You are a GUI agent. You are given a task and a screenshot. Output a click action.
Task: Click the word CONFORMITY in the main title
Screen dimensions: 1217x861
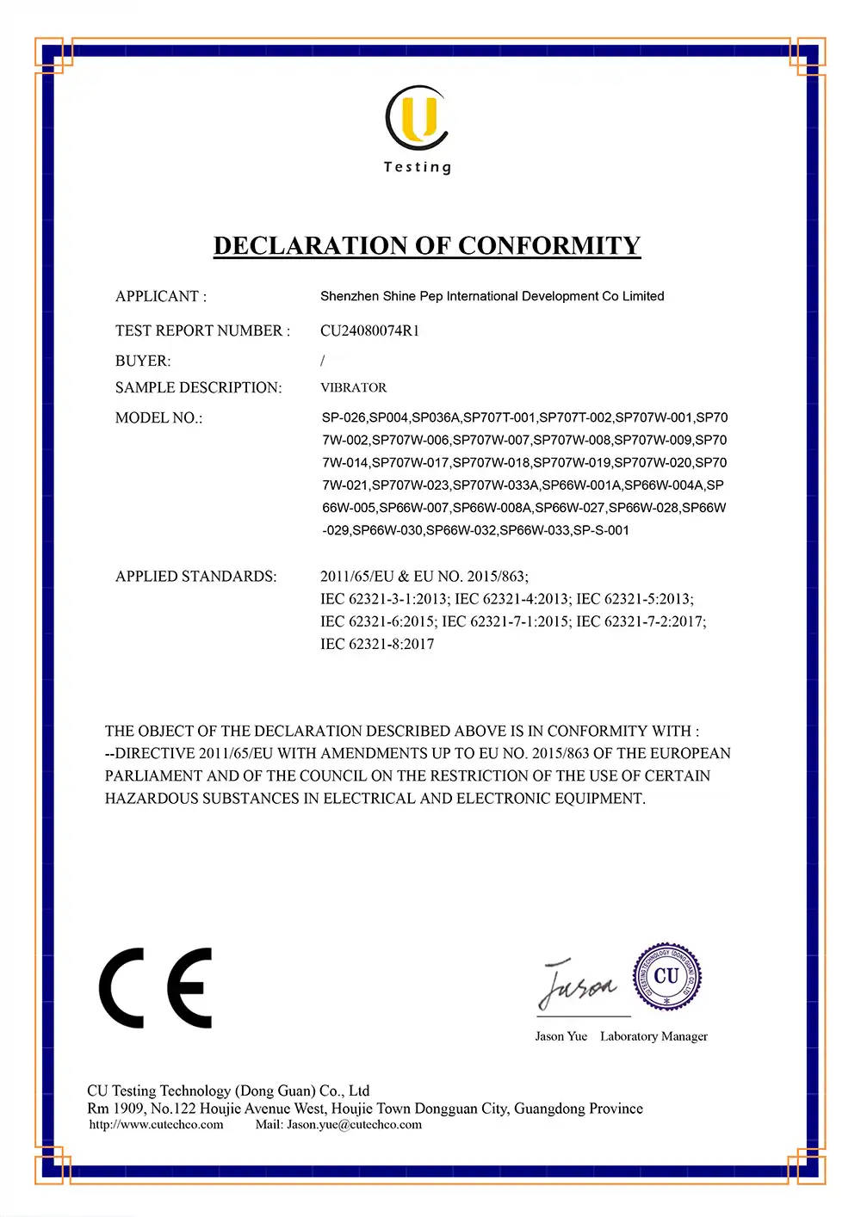pos(549,245)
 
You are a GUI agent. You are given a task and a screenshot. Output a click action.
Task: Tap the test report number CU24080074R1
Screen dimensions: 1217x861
pos(369,331)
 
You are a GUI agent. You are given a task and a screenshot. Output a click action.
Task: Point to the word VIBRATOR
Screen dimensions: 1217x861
pos(353,387)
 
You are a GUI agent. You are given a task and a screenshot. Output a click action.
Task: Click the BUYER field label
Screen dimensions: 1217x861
pos(143,361)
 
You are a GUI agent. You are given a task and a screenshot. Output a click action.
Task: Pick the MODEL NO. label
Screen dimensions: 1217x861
pos(158,417)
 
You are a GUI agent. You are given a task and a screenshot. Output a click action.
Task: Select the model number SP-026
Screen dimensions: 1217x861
pos(344,417)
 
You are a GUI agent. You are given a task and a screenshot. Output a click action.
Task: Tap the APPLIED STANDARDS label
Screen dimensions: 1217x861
pos(196,576)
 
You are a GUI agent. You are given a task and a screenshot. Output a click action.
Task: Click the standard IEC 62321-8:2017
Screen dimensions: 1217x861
pos(377,644)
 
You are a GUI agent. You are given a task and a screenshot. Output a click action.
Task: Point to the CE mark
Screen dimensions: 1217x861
pos(155,988)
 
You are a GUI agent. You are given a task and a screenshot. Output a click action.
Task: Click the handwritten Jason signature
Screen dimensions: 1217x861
pos(577,984)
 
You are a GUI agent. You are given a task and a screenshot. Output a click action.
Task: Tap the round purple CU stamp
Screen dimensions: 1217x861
pos(666,977)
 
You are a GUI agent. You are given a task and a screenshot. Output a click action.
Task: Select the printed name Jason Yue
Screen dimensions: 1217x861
pos(561,1036)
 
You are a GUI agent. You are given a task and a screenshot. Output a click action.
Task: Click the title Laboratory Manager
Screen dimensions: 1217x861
pos(653,1036)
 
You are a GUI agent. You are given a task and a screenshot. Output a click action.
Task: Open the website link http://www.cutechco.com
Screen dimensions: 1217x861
pos(156,1124)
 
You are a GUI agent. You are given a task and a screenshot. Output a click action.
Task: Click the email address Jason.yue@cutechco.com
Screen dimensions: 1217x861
pos(354,1124)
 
